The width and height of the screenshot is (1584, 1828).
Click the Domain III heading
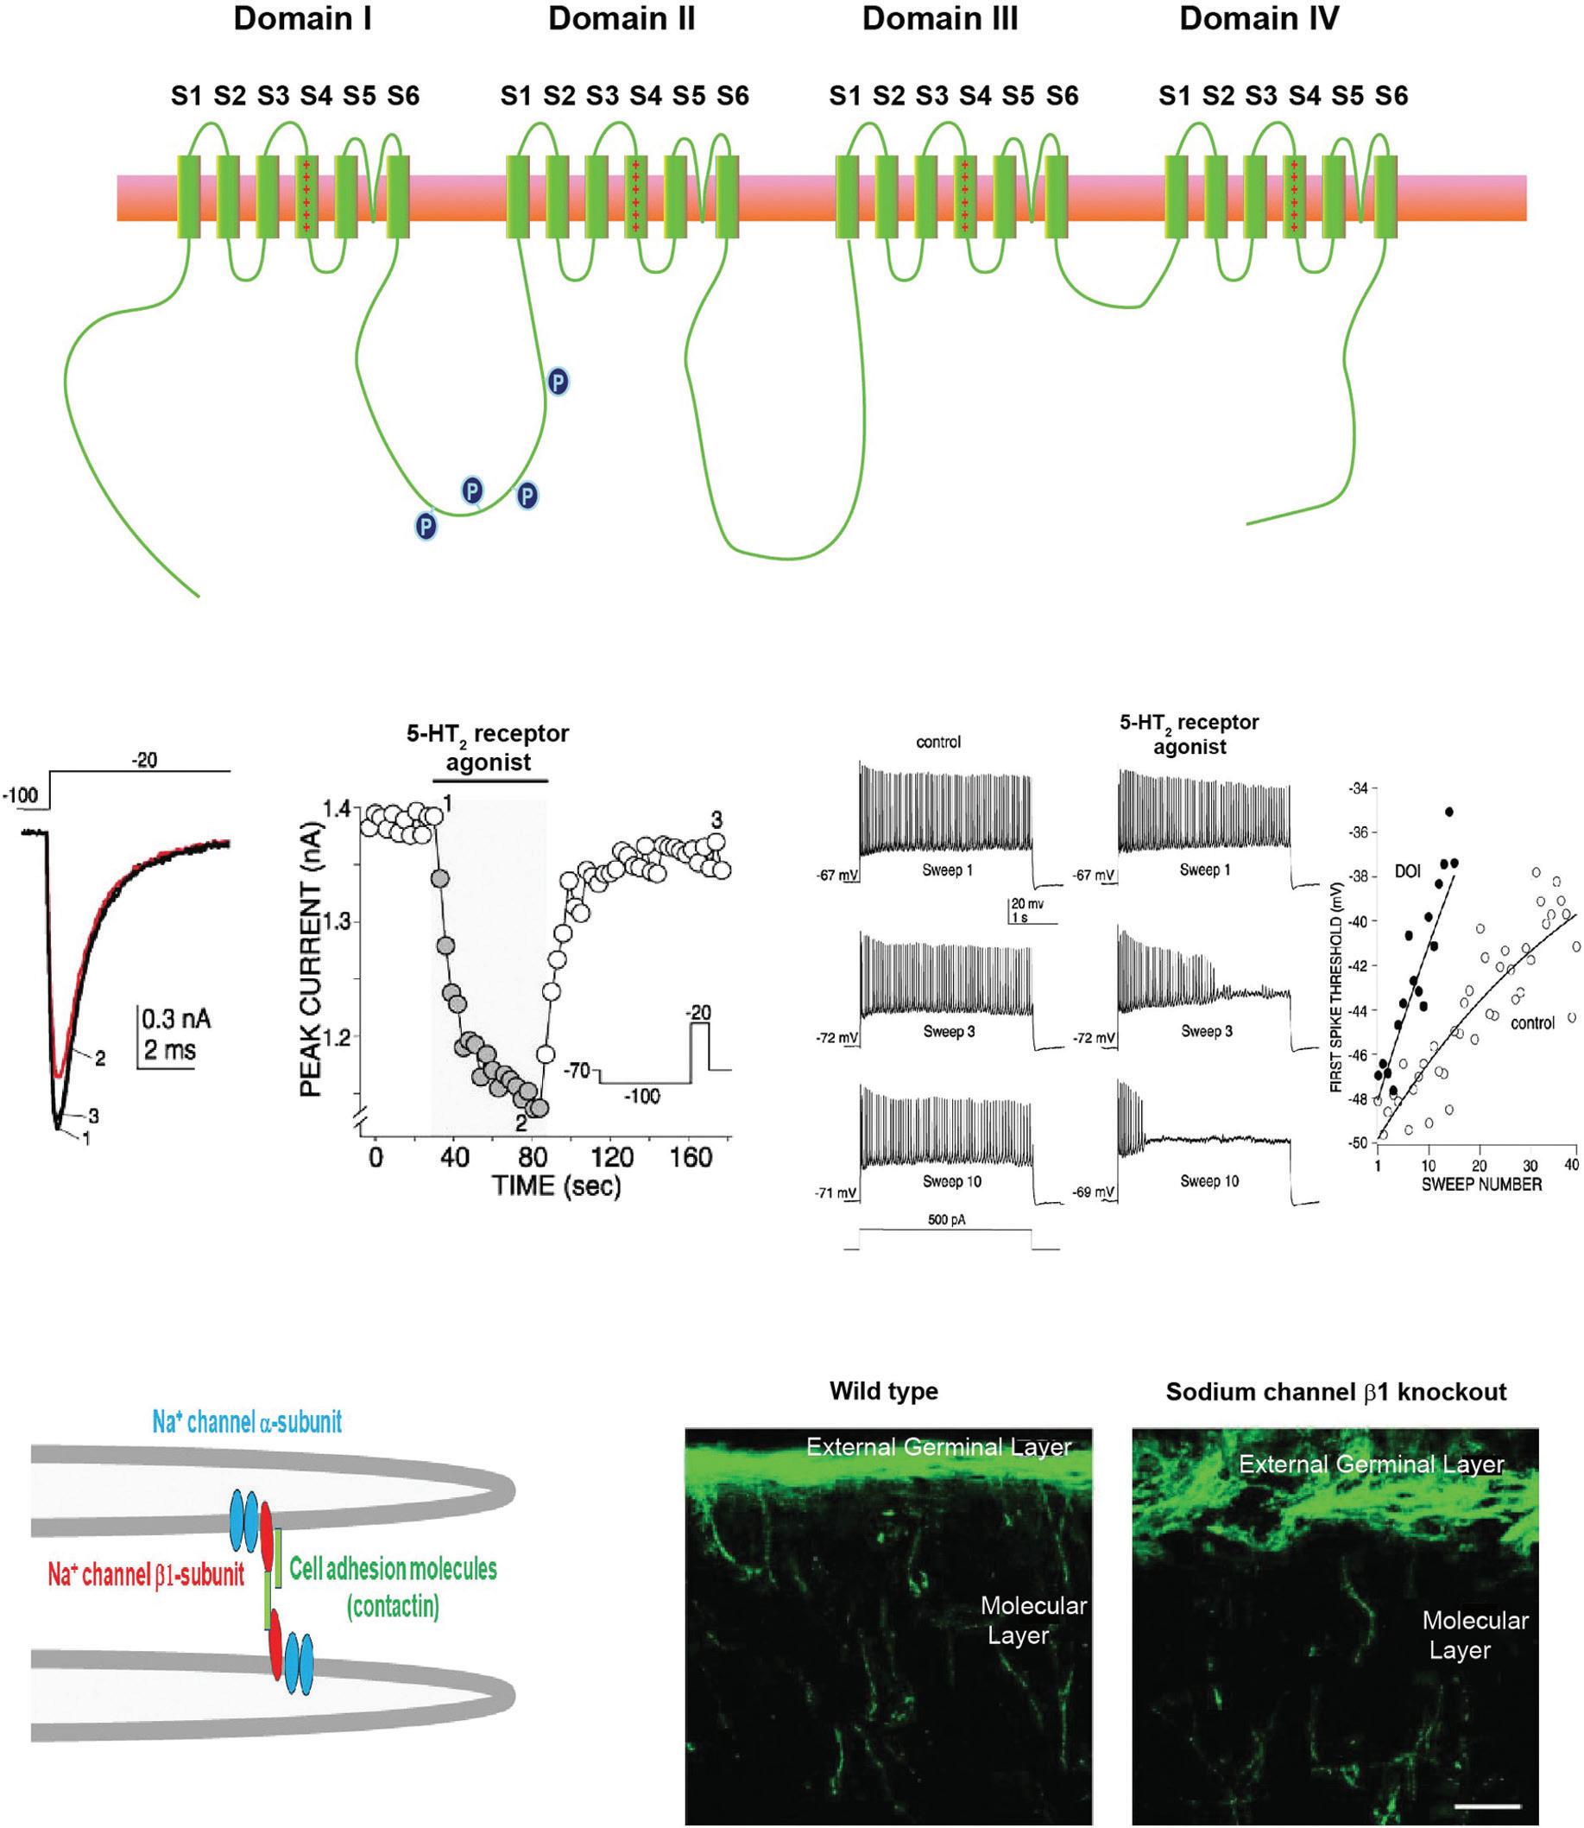(x=940, y=20)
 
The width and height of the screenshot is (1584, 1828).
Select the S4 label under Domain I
(x=316, y=95)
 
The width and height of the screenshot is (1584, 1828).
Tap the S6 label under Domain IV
(x=1392, y=95)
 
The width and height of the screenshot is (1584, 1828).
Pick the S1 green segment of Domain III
(x=847, y=196)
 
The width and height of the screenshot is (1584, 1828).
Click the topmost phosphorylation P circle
(x=558, y=381)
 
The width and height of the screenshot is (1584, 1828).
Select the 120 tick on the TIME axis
(x=613, y=1158)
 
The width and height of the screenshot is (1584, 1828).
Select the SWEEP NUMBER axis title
(x=1480, y=1184)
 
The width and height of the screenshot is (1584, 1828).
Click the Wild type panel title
(x=883, y=1391)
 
